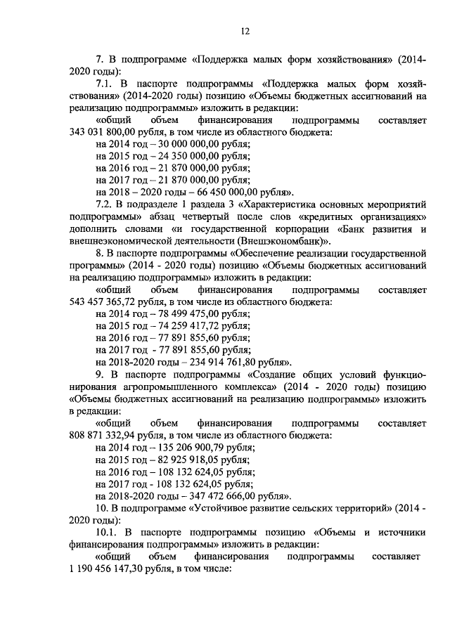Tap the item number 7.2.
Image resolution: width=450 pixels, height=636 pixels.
(103, 205)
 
